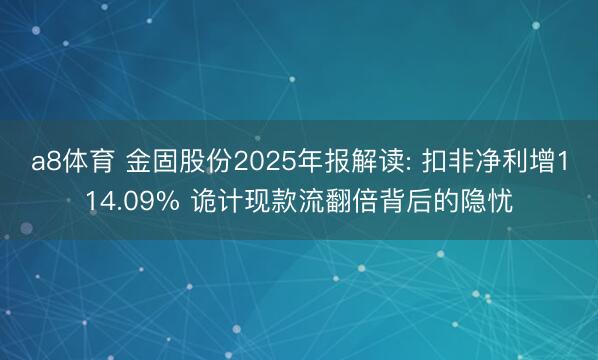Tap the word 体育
88,163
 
